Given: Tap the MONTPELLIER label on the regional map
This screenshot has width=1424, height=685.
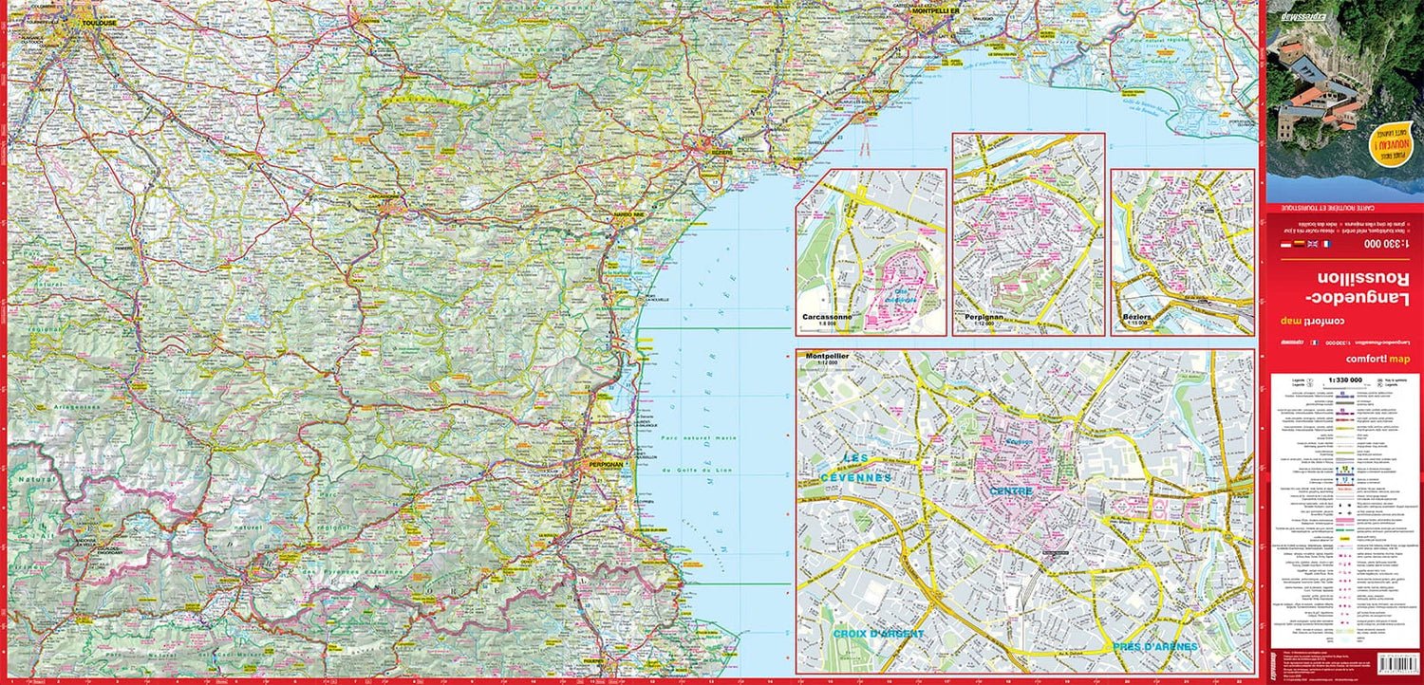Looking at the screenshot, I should click(x=936, y=11).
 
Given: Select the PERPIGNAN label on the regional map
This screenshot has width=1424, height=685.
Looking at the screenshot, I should click(x=605, y=464).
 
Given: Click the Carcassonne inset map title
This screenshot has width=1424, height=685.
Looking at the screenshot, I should click(x=827, y=317).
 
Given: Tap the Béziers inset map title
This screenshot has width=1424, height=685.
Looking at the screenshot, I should click(x=1134, y=317).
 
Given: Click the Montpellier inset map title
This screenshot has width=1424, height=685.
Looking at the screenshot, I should click(x=827, y=357).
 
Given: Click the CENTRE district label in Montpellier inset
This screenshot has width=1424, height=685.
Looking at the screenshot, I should click(x=1010, y=491).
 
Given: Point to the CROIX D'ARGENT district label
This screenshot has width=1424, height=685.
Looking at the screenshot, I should click(x=878, y=634).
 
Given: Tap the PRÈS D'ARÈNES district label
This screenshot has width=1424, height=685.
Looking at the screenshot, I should click(x=1153, y=646).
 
